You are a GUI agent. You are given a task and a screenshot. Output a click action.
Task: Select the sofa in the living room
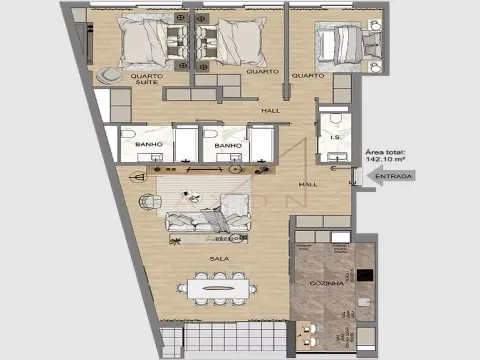coord(208,225)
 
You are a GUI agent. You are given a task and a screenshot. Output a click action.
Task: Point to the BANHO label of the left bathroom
coord(147,145)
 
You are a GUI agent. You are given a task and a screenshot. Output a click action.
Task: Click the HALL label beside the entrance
coord(308,185)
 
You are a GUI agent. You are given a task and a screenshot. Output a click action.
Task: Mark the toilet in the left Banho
coord(130,137)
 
